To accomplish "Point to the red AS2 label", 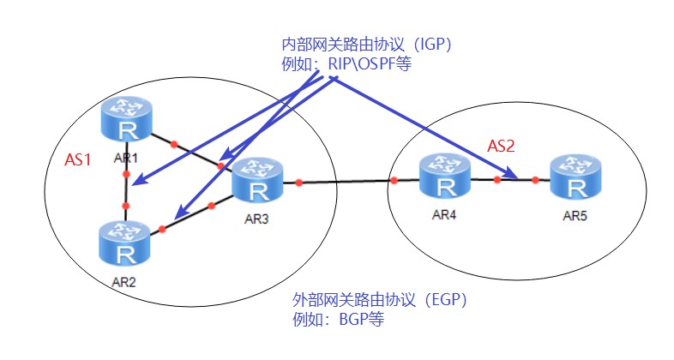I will (x=501, y=146).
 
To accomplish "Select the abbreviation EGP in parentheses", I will (x=444, y=301).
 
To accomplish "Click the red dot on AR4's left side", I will (x=394, y=180).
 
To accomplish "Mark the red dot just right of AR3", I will (x=298, y=182).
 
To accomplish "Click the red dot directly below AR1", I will (x=126, y=175).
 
